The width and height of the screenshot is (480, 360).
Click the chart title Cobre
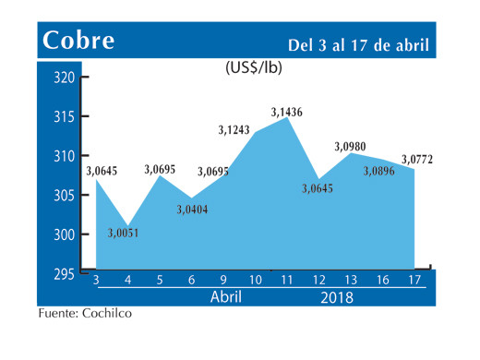[x=78, y=42]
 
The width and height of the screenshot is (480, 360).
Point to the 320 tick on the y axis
[x=63, y=78]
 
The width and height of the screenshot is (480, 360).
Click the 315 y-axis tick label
[x=63, y=117]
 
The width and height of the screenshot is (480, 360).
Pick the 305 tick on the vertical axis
[x=63, y=196]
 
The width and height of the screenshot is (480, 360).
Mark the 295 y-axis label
[x=63, y=274]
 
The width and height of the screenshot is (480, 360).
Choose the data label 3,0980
[x=352, y=146]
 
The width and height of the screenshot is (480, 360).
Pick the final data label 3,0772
[x=418, y=160]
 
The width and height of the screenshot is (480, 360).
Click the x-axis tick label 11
[x=288, y=280]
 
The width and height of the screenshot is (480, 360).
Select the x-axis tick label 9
[x=223, y=280]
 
